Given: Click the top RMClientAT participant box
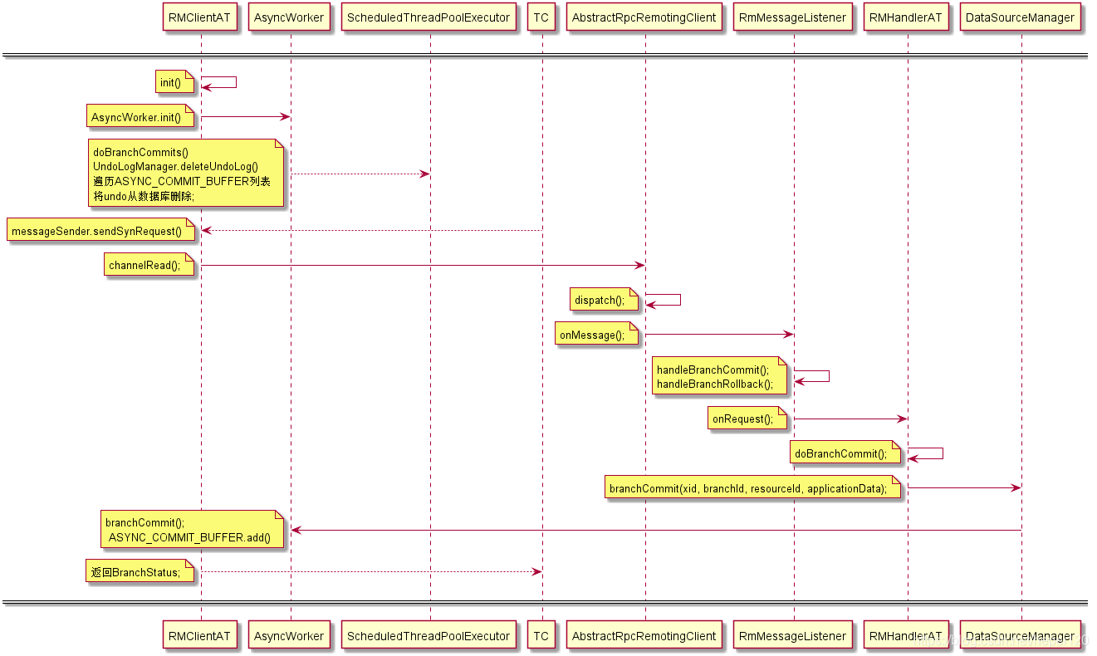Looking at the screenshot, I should point(199,17).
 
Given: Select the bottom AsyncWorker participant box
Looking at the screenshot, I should point(289,636).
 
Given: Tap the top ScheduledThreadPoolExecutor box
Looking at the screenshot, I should point(429,17).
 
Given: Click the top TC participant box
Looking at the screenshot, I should point(541,17).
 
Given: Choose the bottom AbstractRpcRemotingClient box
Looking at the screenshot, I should point(644,636).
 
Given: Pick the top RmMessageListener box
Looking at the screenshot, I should point(793,17).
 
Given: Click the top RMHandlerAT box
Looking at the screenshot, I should point(906,17).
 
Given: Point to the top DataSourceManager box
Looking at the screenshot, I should point(1021,17).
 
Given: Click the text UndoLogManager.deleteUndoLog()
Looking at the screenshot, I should point(175,167).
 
